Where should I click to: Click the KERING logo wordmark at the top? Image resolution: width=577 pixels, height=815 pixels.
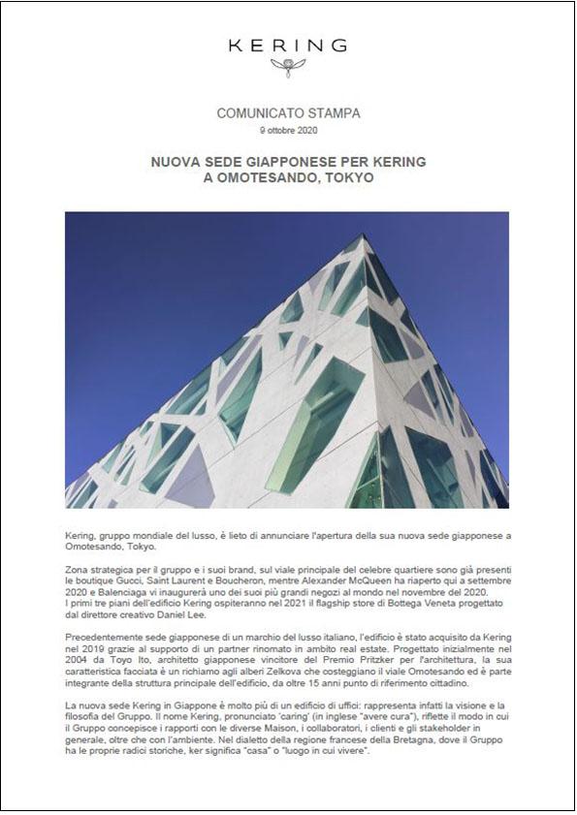(x=287, y=45)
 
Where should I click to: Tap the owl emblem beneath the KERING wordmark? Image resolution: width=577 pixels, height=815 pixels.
(x=288, y=67)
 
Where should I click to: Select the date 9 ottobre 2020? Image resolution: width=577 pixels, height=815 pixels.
(x=288, y=129)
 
